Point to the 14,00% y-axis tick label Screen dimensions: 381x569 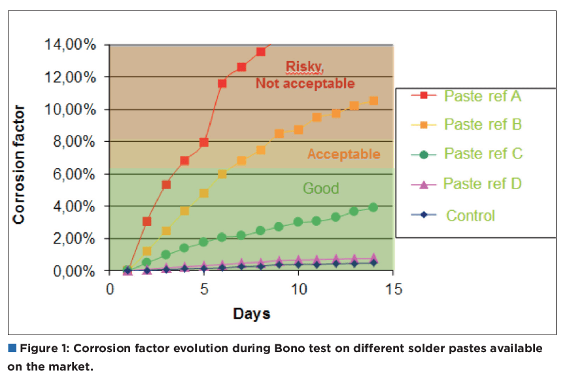pyautogui.click(x=70, y=45)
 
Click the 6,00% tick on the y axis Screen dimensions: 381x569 pyautogui.click(x=73, y=174)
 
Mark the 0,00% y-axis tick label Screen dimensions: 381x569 pyautogui.click(x=73, y=271)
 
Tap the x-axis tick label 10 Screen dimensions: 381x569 pyautogui.click(x=299, y=289)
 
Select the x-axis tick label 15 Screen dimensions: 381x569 pyautogui.click(x=394, y=289)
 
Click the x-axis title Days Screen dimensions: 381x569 pyautogui.click(x=252, y=314)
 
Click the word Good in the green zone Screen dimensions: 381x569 pyautogui.click(x=320, y=189)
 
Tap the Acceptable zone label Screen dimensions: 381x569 pyautogui.click(x=343, y=154)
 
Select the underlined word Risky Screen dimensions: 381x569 pyautogui.click(x=305, y=66)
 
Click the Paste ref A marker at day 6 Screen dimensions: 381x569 pyautogui.click(x=222, y=84)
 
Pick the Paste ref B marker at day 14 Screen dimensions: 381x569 pyautogui.click(x=373, y=101)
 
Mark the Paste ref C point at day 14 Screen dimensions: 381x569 pyautogui.click(x=373, y=207)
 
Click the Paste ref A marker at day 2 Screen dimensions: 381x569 pyautogui.click(x=147, y=221)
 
